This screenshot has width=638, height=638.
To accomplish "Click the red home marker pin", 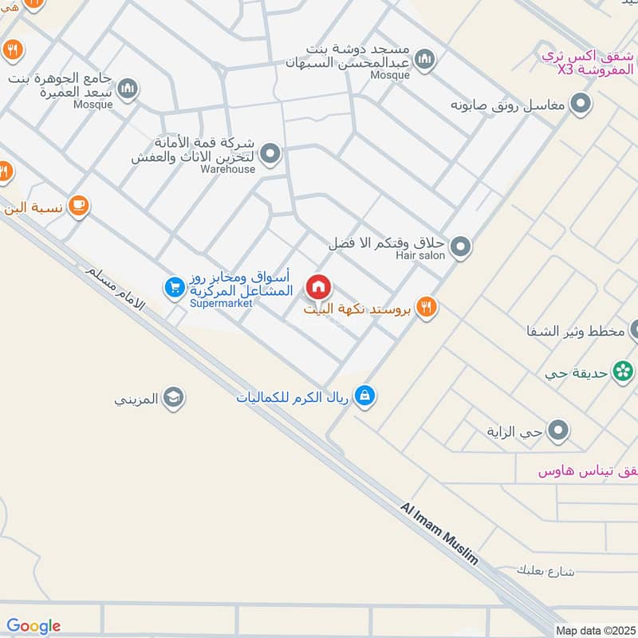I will (318, 287).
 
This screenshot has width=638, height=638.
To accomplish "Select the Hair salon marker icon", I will (459, 249).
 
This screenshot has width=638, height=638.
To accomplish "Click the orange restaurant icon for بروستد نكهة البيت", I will (427, 308).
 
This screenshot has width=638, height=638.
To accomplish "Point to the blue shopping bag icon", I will (364, 395).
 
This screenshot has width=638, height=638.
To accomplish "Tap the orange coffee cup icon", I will (78, 207).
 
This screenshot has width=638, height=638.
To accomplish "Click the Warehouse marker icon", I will (270, 153).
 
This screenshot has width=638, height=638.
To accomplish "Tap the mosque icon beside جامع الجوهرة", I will (128, 88).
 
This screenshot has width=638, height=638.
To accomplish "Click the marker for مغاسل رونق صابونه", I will (581, 104).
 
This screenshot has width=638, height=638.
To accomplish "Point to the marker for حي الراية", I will (559, 431).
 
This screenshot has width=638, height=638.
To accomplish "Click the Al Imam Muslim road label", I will (439, 534).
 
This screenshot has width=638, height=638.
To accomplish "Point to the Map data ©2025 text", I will (594, 630).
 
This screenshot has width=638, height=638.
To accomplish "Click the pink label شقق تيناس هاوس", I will (589, 471).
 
